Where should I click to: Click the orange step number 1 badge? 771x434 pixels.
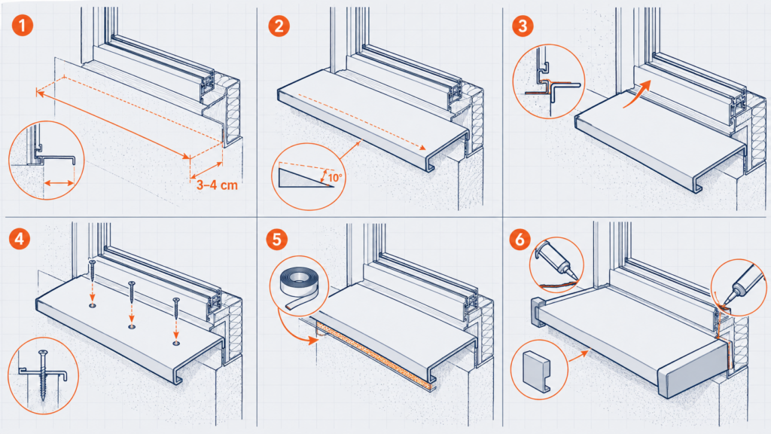pyautogui.click(x=22, y=25)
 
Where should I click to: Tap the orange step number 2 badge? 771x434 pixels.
pyautogui.click(x=279, y=26)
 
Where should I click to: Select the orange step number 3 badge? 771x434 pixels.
pyautogui.click(x=523, y=26)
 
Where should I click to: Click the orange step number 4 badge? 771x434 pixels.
pyautogui.click(x=19, y=239)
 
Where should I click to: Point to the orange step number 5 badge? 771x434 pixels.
pyautogui.click(x=277, y=240)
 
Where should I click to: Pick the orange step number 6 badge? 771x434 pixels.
pyautogui.click(x=520, y=240)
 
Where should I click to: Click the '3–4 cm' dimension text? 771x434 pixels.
pyautogui.click(x=217, y=185)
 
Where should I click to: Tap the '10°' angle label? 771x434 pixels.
pyautogui.click(x=335, y=178)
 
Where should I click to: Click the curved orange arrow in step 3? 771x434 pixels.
pyautogui.click(x=638, y=94)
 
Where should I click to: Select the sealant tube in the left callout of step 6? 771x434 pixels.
pyautogui.click(x=553, y=258)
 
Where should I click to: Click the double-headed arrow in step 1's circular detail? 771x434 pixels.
pyautogui.click(x=59, y=184)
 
